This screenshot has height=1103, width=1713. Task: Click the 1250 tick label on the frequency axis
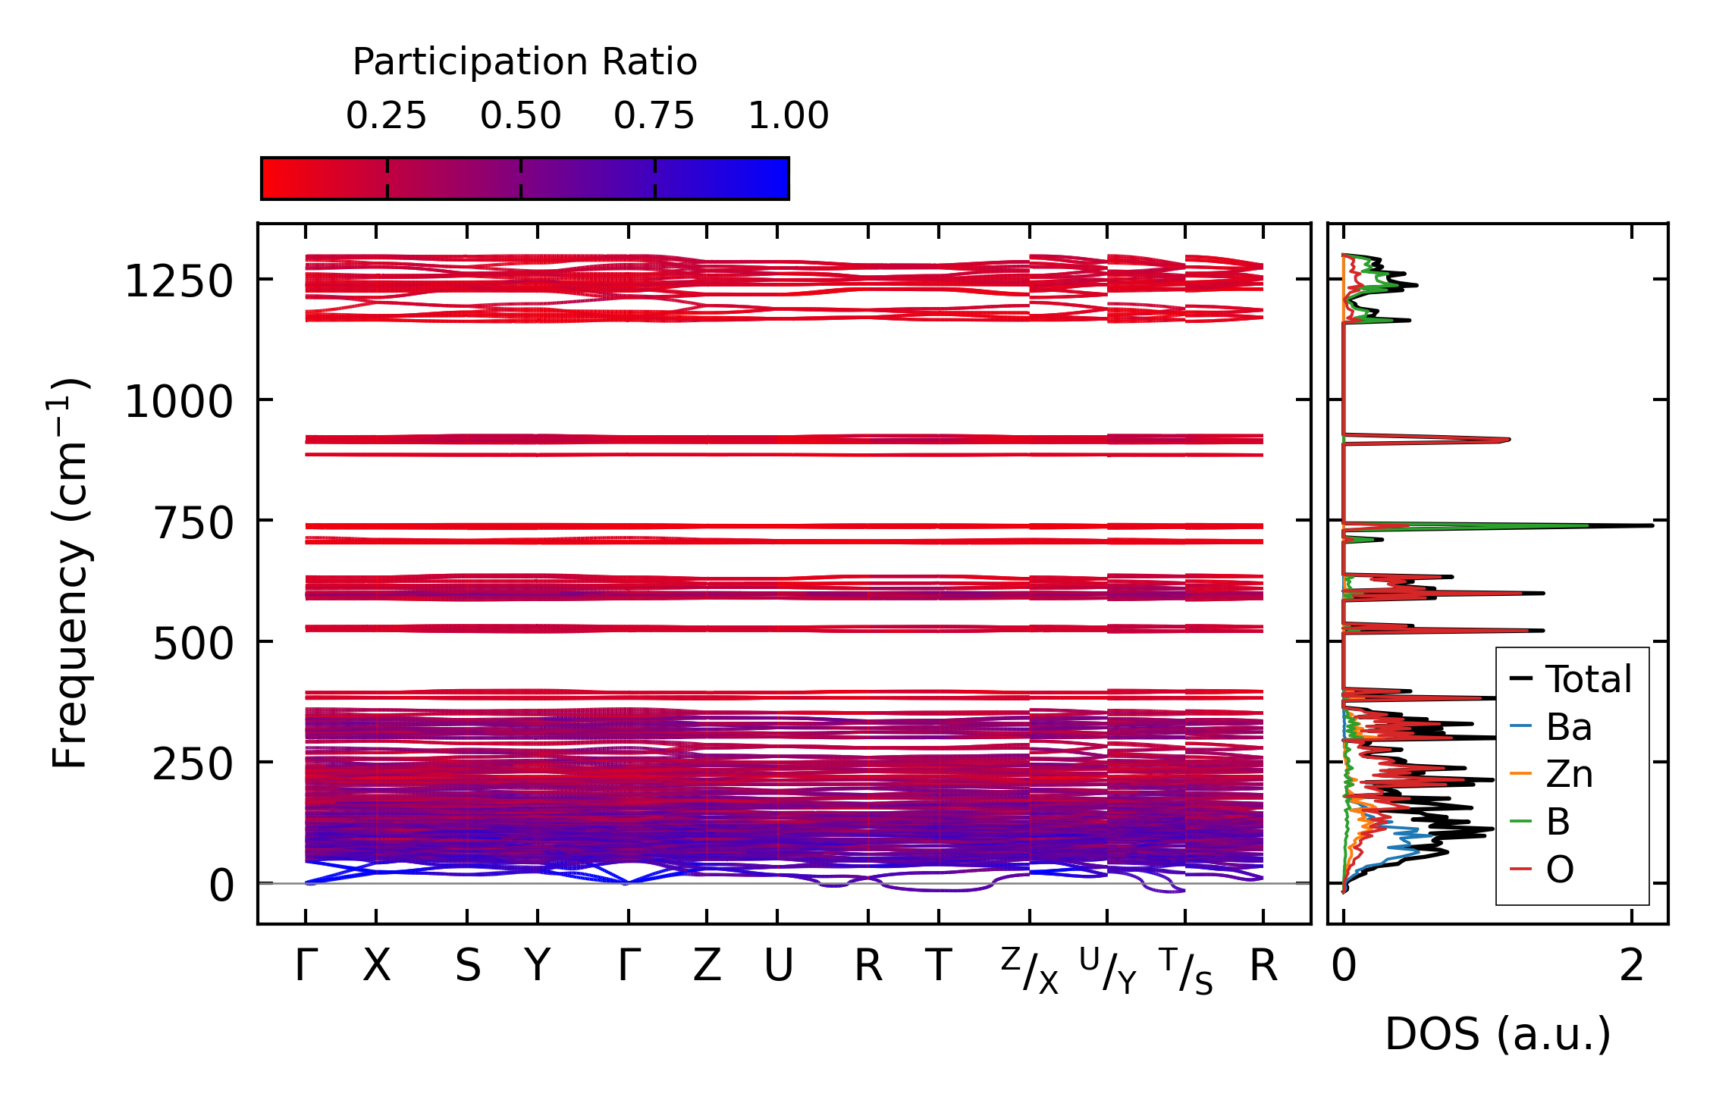pos(178,282)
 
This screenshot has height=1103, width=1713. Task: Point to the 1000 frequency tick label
pos(178,401)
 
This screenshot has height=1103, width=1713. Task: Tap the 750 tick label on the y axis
pos(193,523)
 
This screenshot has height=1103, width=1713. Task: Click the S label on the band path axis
pos(467,967)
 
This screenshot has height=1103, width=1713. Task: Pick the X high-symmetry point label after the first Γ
pos(376,967)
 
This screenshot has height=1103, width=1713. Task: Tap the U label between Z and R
pos(778,967)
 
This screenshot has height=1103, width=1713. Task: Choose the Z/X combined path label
pos(1029,970)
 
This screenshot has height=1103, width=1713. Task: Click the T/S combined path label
pos(1185,970)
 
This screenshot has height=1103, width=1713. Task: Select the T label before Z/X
pos(939,967)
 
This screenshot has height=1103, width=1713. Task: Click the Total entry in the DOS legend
pos(1588,679)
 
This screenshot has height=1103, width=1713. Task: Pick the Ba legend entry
pos(1568,727)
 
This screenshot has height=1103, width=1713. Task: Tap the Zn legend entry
pos(1568,774)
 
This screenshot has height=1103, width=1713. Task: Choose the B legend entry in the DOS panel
pos(1558,822)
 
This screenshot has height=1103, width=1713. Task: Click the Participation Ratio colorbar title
pos(525,61)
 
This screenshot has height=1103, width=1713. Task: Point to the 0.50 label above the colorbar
pos(520,116)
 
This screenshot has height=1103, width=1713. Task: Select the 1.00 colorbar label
pos(788,116)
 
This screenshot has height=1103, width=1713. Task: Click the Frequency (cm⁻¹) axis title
pos(70,573)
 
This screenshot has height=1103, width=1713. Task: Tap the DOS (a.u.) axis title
pos(1498,1035)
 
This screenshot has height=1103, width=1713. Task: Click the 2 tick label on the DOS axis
pos(1632,967)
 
